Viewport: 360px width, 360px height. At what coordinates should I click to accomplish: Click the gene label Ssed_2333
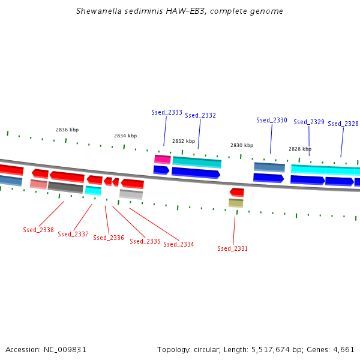point(167,112)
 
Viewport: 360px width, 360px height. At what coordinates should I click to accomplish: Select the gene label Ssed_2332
point(200,115)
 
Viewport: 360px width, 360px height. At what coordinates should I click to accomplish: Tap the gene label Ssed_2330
point(272,120)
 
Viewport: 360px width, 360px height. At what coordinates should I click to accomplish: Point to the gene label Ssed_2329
point(309,122)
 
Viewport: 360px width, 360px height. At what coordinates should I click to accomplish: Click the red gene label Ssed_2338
point(38,230)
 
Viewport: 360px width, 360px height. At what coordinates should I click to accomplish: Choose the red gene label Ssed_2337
point(73,234)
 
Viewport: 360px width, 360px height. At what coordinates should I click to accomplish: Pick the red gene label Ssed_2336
point(109,238)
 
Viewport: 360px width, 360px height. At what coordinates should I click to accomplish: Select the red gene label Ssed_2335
point(145,241)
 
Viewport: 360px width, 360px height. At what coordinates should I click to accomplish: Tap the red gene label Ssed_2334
point(179,244)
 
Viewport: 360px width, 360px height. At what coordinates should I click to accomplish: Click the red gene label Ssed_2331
point(233,248)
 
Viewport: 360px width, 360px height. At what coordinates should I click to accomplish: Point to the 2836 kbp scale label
point(67,130)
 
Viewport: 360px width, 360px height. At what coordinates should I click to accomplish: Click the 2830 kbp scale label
point(242,145)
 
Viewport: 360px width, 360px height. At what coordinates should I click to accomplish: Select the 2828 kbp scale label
point(300,149)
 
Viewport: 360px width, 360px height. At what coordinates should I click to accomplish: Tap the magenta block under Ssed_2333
point(163,159)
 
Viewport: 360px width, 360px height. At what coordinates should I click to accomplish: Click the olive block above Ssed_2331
point(236,203)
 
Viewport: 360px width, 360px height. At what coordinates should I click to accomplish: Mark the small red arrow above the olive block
point(237,192)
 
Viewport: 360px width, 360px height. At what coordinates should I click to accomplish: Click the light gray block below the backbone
point(131,194)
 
